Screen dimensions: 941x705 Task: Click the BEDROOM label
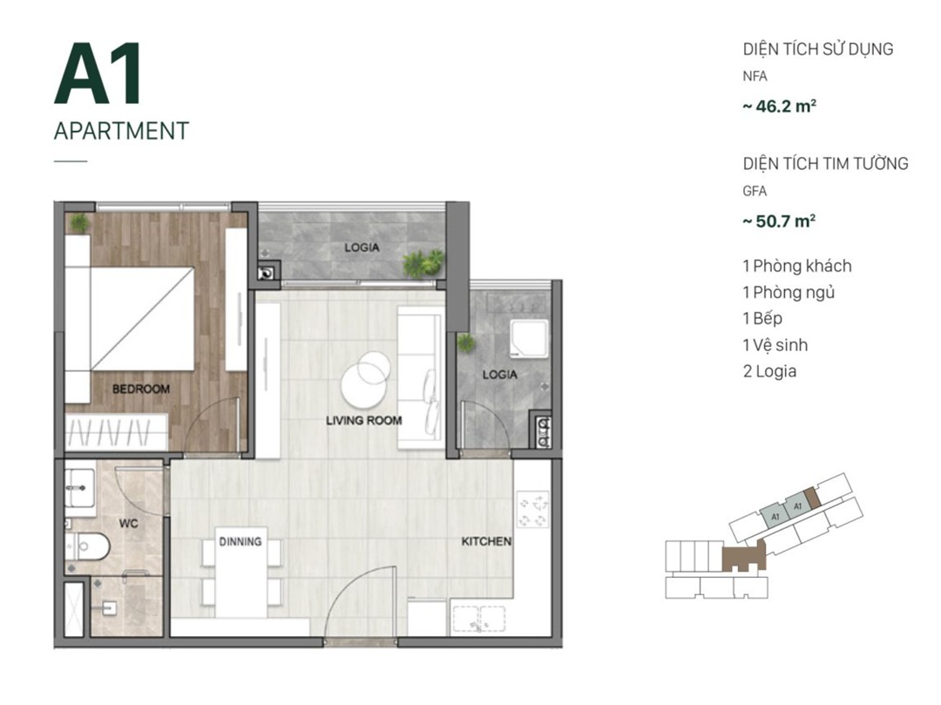click(x=141, y=389)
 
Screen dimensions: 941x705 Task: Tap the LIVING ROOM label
click(x=363, y=421)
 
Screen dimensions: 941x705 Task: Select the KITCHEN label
click(x=486, y=541)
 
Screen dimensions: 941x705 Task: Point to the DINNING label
click(x=240, y=541)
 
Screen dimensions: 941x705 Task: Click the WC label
click(x=128, y=524)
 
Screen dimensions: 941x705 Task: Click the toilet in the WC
click(x=88, y=546)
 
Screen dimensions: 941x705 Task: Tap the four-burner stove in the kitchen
click(x=533, y=510)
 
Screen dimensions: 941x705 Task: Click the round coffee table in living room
click(x=363, y=381)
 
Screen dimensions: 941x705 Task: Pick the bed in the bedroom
click(x=130, y=319)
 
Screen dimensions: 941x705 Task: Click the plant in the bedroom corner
click(x=79, y=223)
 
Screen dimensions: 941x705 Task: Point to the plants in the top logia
click(x=423, y=263)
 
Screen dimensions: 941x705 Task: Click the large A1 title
click(x=98, y=73)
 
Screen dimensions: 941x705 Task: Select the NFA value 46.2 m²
click(x=779, y=106)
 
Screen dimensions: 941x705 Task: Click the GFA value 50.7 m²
click(x=779, y=220)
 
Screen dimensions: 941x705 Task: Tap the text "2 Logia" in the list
click(x=770, y=371)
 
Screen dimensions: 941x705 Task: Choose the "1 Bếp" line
click(x=762, y=319)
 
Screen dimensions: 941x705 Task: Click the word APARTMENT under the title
click(x=122, y=131)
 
